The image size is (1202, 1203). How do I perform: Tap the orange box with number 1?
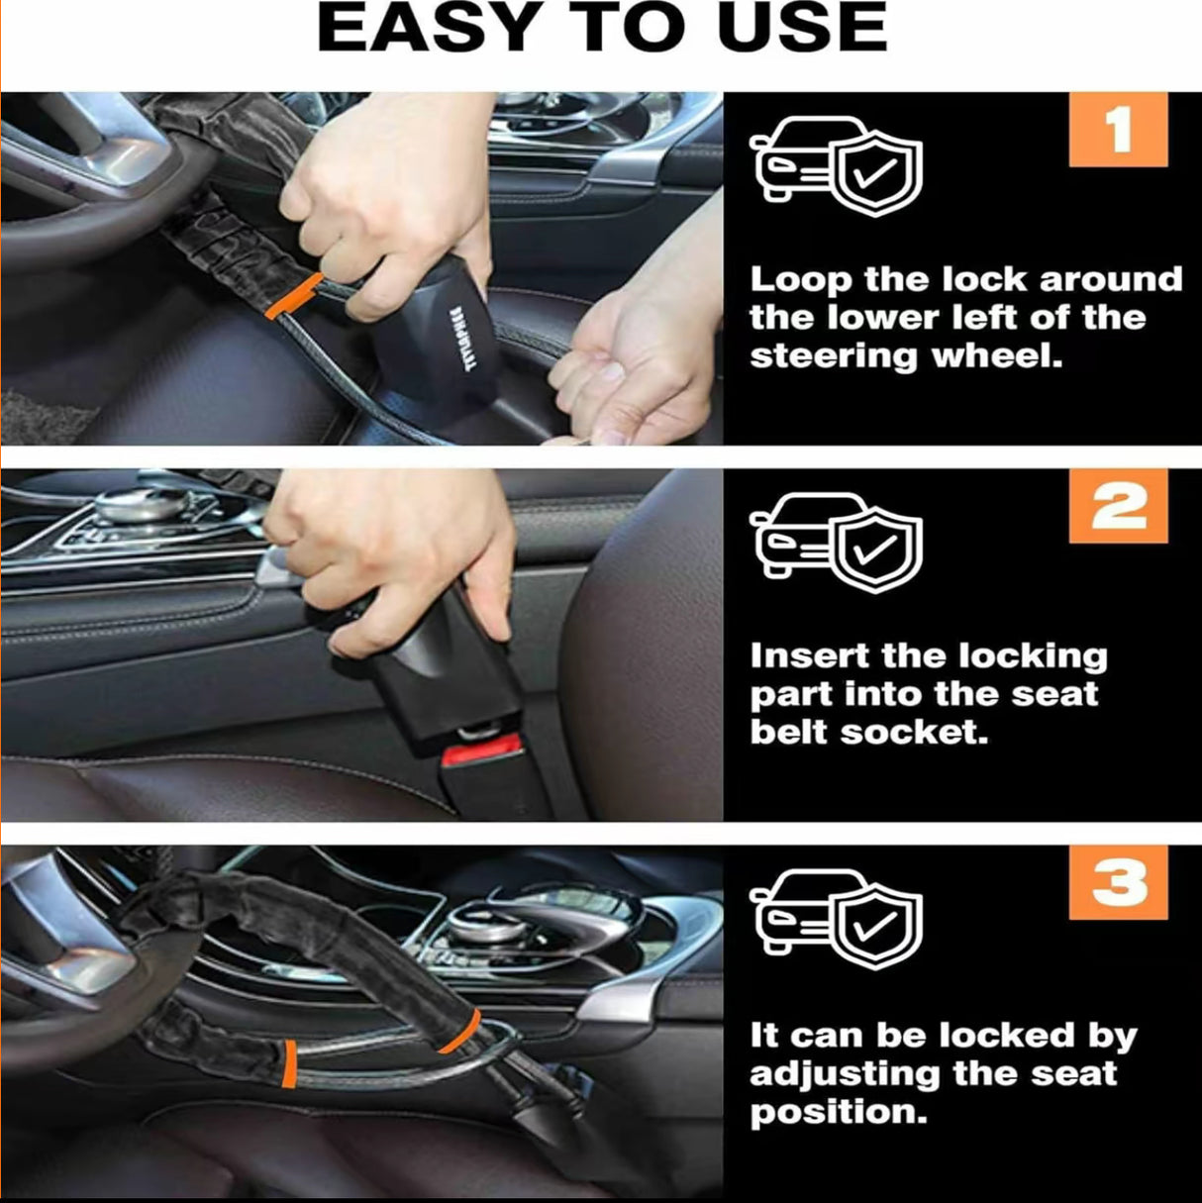(x=1119, y=130)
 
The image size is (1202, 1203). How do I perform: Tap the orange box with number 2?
(x=1119, y=507)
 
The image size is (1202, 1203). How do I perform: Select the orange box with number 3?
(x=1119, y=883)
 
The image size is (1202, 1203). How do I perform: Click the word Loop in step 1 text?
(x=800, y=279)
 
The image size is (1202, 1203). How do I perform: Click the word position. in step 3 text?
(x=838, y=1111)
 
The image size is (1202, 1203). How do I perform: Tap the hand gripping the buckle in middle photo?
(x=396, y=554)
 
